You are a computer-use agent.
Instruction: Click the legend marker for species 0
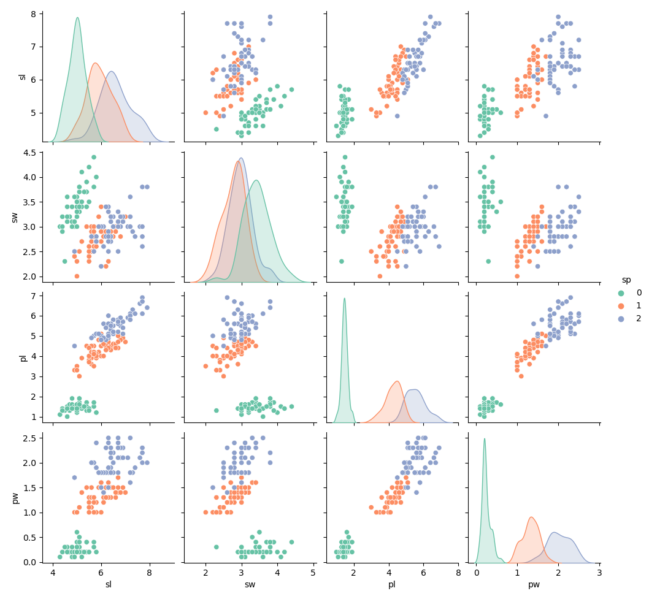pyautogui.click(x=621, y=293)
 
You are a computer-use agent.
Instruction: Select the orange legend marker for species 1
pyautogui.click(x=621, y=306)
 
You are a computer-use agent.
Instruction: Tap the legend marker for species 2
pyautogui.click(x=621, y=318)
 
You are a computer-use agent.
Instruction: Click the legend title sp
pyautogui.click(x=626, y=280)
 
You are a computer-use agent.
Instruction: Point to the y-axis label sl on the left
pyautogui.click(x=23, y=77)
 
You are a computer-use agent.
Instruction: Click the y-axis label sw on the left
pyautogui.click(x=15, y=216)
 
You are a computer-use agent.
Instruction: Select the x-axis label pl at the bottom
pyautogui.click(x=392, y=585)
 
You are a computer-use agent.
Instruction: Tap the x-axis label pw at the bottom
pyautogui.click(x=534, y=585)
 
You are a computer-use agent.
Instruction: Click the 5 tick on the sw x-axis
pyautogui.click(x=313, y=573)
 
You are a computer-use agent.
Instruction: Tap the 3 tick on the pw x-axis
pyautogui.click(x=599, y=573)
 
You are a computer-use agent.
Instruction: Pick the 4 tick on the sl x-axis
pyautogui.click(x=53, y=573)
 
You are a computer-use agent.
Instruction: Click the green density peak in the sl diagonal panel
pyautogui.click(x=77, y=18)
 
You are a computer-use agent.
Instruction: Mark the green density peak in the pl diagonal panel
pyautogui.click(x=345, y=299)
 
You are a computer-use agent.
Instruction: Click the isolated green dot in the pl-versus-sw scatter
pyautogui.click(x=216, y=410)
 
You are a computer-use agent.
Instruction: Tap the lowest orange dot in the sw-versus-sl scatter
pyautogui.click(x=77, y=276)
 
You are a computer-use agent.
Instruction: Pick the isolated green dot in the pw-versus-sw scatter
pyautogui.click(x=216, y=547)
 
